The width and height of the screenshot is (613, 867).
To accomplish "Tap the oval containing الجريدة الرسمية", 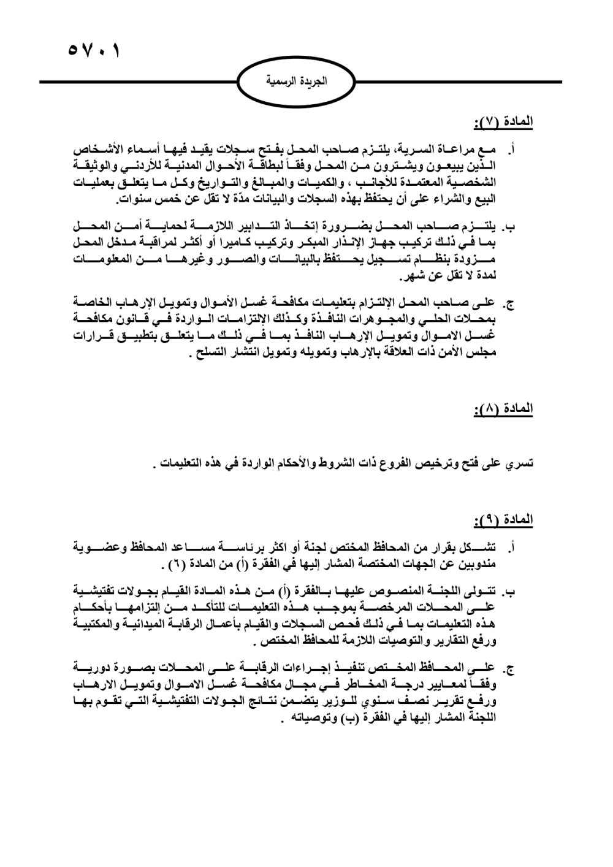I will click(x=296, y=82).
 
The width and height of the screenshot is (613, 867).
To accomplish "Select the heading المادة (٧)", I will click(x=503, y=123).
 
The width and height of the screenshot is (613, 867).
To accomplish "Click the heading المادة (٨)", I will click(x=503, y=408).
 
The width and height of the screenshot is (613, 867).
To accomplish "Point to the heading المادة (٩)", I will click(x=503, y=521).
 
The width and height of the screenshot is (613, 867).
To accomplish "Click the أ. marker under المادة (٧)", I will click(x=511, y=149).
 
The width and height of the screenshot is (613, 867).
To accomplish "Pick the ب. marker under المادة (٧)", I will click(x=509, y=227).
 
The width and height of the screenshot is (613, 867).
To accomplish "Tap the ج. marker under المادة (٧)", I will click(x=509, y=303).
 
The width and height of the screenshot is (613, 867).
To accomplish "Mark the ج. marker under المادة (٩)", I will click(x=509, y=667).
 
